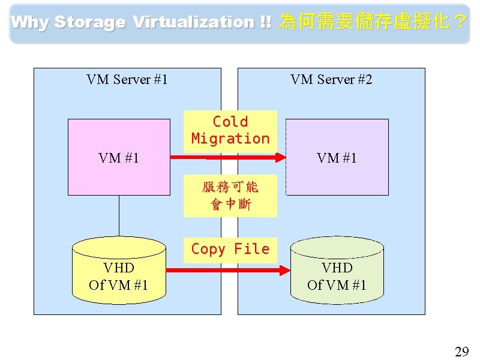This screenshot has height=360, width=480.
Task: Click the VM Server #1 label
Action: tap(127, 79)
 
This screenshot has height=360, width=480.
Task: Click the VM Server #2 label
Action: tap(331, 79)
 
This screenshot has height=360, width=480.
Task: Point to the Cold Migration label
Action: tap(230, 130)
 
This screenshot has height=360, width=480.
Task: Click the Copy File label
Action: tap(230, 249)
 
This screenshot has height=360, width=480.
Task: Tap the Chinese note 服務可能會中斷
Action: tap(230, 196)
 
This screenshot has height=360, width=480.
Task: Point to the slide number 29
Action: tap(461, 351)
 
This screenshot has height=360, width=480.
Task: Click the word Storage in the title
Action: tap(90, 22)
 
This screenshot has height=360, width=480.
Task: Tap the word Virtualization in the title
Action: tap(193, 22)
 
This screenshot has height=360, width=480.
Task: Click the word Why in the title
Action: tap(30, 22)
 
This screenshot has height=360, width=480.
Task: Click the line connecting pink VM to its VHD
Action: tap(119, 216)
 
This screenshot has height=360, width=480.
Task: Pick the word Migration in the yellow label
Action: tap(230, 139)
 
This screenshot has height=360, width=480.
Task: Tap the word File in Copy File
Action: tap(251, 249)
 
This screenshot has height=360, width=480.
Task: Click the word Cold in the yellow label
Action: tap(230, 122)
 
